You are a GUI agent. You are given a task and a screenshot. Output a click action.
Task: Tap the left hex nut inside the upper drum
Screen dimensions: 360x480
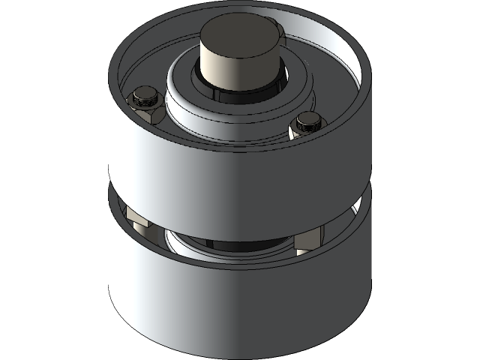point(147,106)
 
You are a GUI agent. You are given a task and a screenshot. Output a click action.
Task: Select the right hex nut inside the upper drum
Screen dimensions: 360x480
point(307,124)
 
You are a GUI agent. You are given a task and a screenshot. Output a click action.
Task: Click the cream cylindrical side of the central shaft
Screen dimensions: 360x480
point(236,67)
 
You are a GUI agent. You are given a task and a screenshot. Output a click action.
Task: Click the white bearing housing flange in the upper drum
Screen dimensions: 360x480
point(187,105)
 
